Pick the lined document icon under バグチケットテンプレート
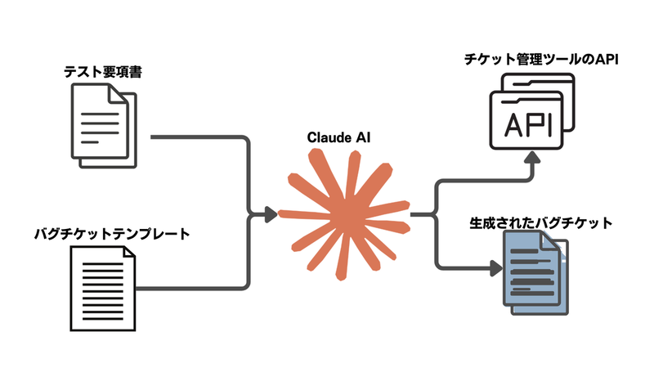(101, 286)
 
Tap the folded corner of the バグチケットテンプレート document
(128, 255)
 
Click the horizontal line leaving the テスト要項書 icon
(196, 136)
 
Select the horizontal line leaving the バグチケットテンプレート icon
(188, 288)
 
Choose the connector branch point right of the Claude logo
(437, 215)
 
